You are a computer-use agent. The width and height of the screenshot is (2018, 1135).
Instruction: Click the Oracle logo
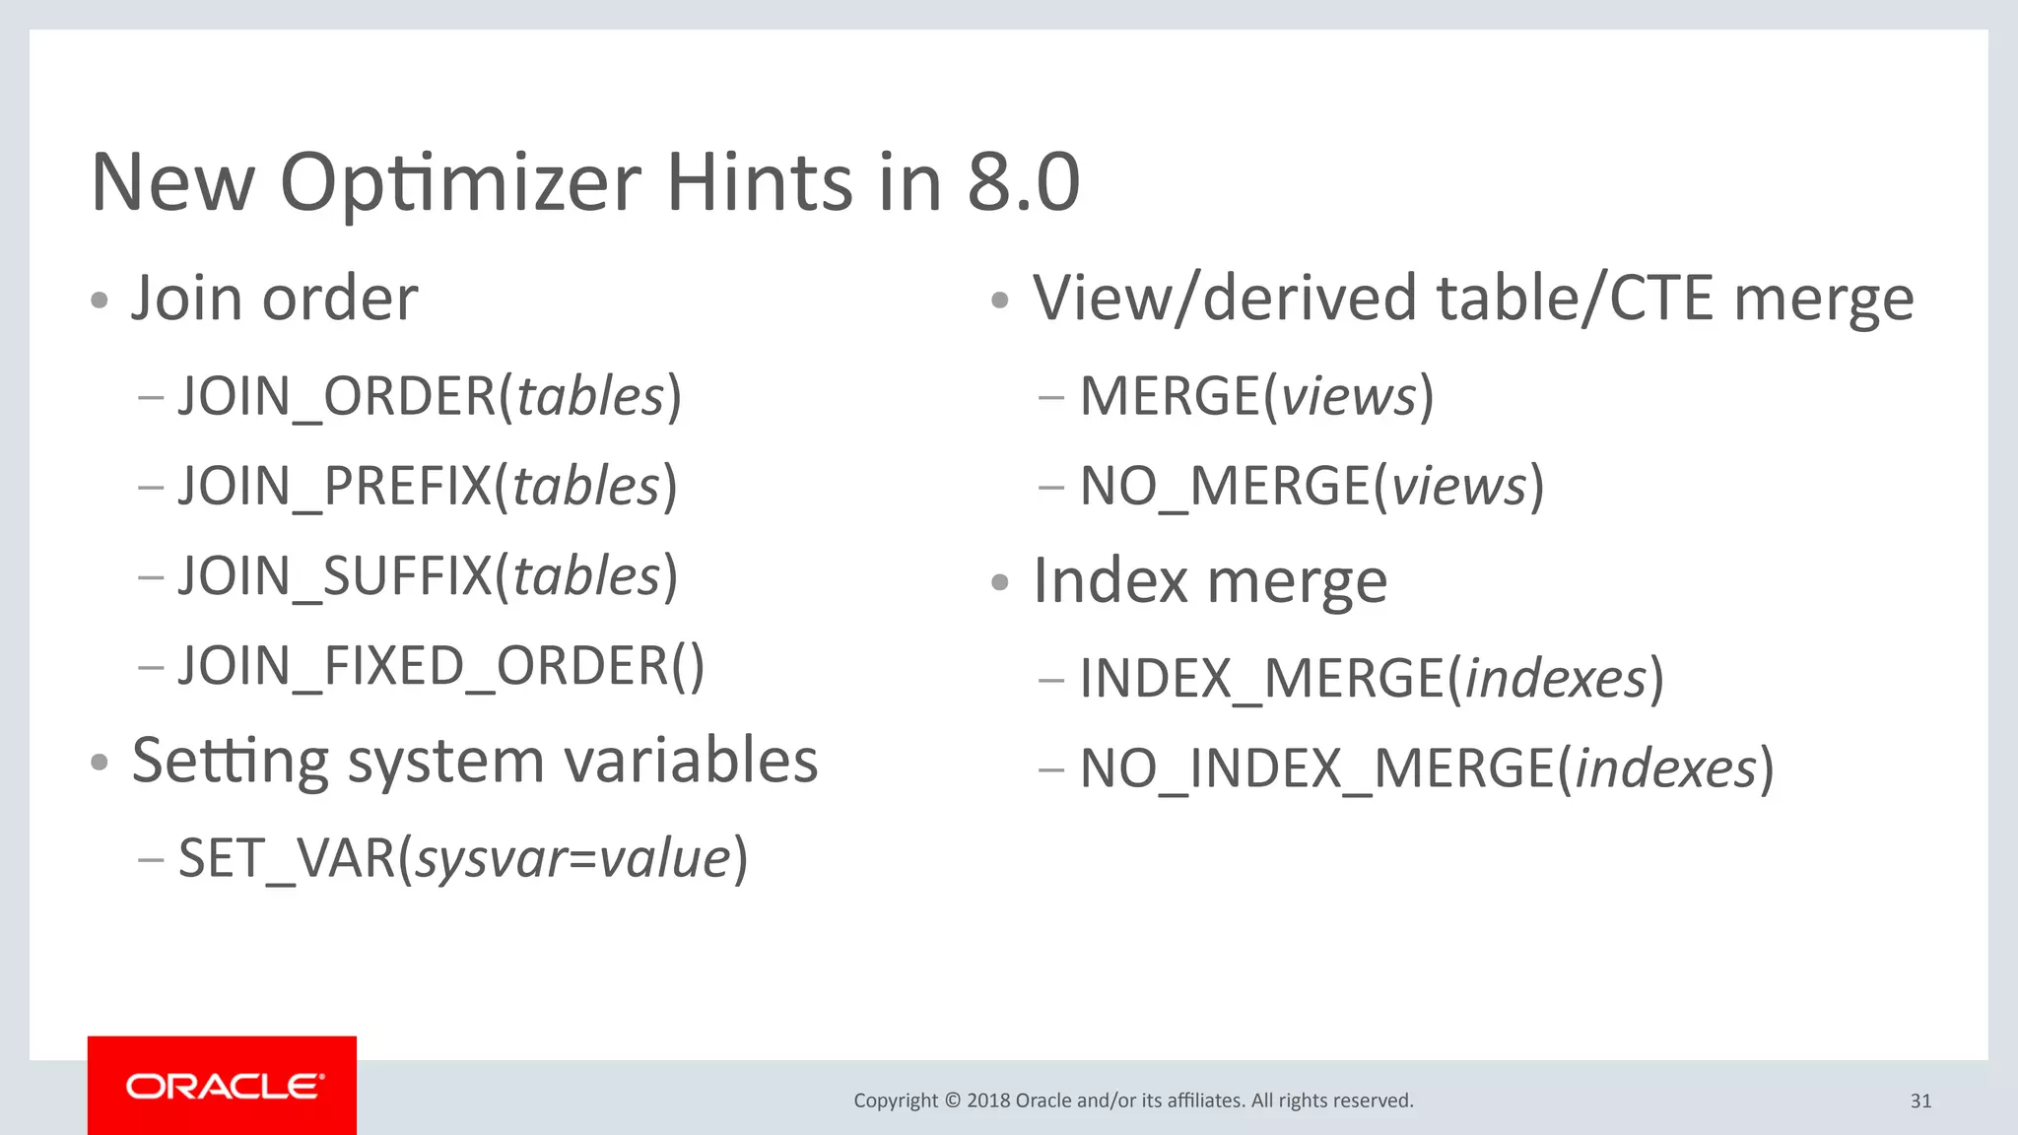223,1086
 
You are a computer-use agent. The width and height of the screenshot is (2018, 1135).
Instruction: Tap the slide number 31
1920,1101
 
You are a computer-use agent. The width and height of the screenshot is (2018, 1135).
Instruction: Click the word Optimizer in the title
460,184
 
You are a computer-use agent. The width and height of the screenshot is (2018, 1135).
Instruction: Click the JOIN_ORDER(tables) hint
430,396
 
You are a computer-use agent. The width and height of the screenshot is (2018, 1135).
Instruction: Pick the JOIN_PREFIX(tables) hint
428,486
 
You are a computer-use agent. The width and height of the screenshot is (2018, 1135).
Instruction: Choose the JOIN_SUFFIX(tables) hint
428,575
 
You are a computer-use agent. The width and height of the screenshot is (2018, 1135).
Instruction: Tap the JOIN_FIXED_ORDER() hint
440,666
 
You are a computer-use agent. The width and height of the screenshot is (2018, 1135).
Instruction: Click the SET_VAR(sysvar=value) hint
463,858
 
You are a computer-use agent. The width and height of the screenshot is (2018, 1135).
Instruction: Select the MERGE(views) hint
1256,396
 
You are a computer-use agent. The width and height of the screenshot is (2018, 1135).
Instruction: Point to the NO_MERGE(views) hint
1312,486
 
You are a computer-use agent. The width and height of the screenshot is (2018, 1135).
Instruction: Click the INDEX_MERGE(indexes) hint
1372,678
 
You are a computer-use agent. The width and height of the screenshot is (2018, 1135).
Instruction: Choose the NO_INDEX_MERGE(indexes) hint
1427,768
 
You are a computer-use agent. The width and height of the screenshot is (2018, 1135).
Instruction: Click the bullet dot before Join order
99,300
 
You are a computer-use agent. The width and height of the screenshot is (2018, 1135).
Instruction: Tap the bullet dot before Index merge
1000,583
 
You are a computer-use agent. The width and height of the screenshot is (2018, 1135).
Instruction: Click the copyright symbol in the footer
952,1101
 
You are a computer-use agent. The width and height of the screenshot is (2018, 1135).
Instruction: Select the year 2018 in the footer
988,1101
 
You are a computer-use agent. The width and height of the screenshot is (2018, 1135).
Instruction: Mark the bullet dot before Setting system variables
99,763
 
